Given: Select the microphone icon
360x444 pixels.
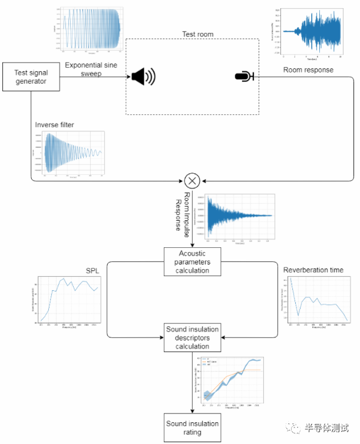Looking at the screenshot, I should tap(244, 76).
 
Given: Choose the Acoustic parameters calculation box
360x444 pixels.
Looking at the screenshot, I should tap(192, 261).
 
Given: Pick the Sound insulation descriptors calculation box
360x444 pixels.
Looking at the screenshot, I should tap(192, 337).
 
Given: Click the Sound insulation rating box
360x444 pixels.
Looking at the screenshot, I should tap(192, 428).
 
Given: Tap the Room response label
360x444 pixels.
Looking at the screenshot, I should tap(308, 70).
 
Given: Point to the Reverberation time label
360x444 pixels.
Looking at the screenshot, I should tap(313, 270).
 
